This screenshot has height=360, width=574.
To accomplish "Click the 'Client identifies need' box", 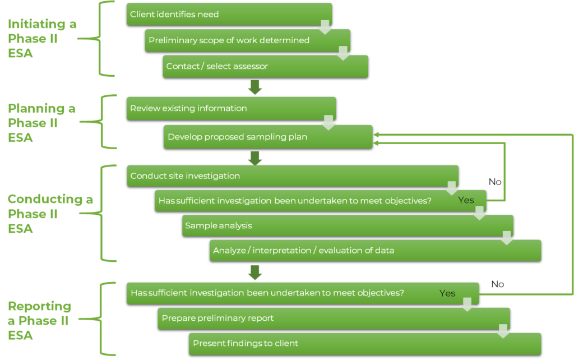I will (x=229, y=14).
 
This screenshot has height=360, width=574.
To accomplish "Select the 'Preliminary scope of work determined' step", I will (x=247, y=40).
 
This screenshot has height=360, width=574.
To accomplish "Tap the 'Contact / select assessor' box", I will (x=265, y=66).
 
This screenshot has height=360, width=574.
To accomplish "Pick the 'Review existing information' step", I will (x=231, y=108).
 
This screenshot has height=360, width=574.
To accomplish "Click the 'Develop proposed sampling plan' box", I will (x=268, y=137).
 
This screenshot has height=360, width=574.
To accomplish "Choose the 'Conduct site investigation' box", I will (x=292, y=176).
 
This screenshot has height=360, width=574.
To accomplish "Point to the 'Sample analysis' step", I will (x=348, y=225).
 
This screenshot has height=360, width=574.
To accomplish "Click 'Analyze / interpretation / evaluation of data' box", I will (x=375, y=251).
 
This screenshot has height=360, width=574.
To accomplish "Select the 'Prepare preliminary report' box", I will (x=334, y=318).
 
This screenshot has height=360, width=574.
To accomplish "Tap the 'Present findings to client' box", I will (x=364, y=343).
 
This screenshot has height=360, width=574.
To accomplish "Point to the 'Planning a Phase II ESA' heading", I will (x=41, y=123).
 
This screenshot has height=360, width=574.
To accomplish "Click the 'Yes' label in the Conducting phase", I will (x=466, y=200).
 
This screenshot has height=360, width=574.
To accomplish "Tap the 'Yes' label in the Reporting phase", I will (x=447, y=293).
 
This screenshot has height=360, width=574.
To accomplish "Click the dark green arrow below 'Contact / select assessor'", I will (x=255, y=87).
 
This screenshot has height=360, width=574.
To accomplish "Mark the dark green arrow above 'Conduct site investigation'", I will (x=255, y=158).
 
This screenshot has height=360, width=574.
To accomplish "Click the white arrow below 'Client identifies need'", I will (x=325, y=27).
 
